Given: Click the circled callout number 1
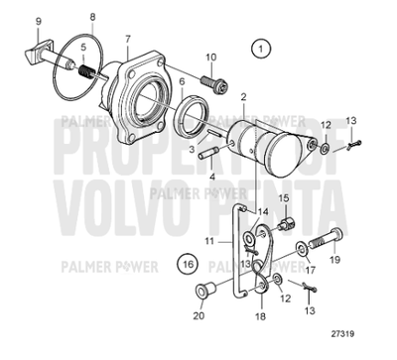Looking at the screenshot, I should pos(260,48).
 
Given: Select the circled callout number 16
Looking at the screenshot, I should pos(188,264).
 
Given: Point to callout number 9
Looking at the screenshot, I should pos(11,22).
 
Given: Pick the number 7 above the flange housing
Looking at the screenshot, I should pos(127,39).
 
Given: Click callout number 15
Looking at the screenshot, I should pos(283,198).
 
